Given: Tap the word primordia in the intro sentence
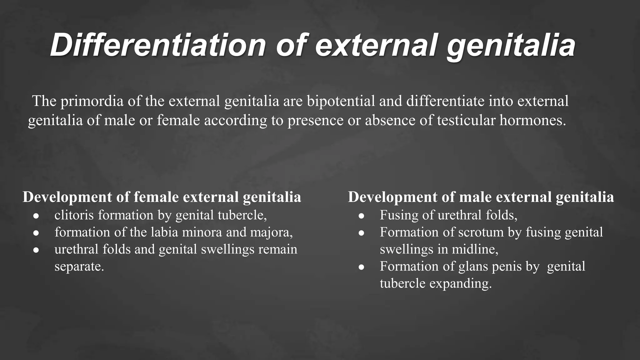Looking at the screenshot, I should (92, 101).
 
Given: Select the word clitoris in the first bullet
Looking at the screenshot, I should (74, 215).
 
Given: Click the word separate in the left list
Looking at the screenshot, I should (79, 267).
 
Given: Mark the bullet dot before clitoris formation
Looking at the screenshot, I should (36, 216).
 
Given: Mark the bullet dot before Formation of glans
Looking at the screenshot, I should (362, 267).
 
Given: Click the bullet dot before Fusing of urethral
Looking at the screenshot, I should (362, 216).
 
